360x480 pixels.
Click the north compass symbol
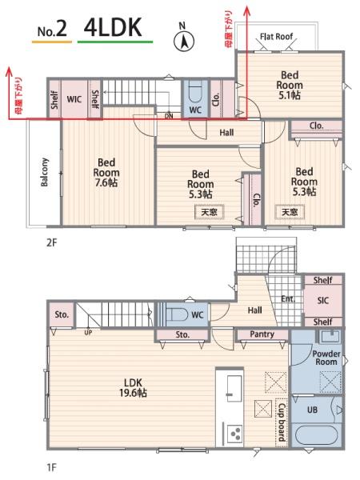pos(184,41)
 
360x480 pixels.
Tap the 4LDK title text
pos(113,27)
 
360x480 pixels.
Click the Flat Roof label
pos(276,37)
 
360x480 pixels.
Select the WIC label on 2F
pos(74,99)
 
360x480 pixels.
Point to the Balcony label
pos(45,172)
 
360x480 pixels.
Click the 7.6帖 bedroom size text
pos(106,182)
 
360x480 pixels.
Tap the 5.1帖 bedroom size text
pos(290,95)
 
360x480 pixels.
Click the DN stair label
pos(169,116)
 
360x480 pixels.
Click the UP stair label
pos(88,333)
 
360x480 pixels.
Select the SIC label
pos(323,301)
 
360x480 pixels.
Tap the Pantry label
pos(262,334)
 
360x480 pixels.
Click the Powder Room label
pos(326,358)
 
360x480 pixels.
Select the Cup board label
pos(282,422)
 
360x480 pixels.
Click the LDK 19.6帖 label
pos(133,387)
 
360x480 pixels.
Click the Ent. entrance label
pos(288,298)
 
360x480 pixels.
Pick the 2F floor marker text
pos(52,242)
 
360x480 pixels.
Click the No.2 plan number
pos(52,30)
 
